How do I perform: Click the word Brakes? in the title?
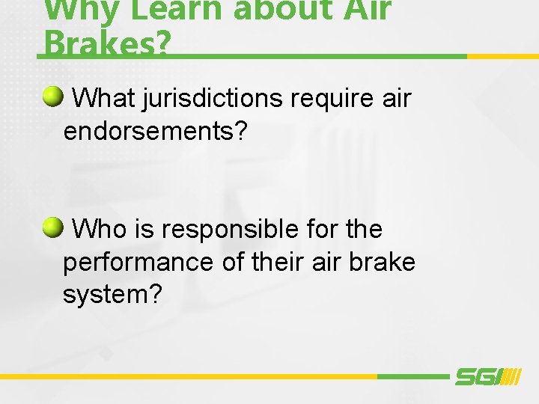pos(107,43)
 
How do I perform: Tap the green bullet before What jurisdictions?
pos(52,96)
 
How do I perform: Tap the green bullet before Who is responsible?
pos(52,226)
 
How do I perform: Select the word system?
pos(112,294)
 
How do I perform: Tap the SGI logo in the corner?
pos(487,377)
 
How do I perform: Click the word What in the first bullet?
pos(103,99)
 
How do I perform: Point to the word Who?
pos(100,229)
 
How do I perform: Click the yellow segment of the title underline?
pos(502,56)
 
